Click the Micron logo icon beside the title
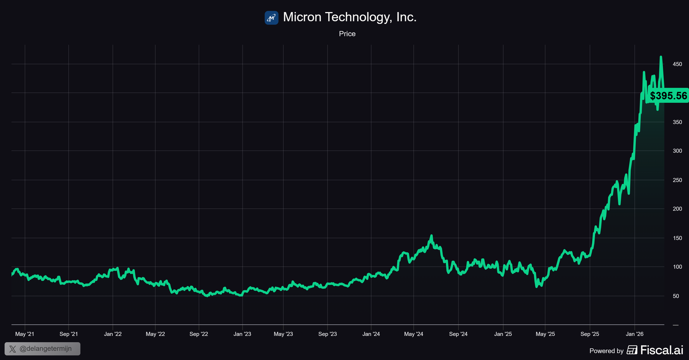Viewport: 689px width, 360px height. point(271,18)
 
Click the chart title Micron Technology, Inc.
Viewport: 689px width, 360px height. point(350,17)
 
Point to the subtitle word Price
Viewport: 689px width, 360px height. point(347,34)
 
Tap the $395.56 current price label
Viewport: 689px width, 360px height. point(668,95)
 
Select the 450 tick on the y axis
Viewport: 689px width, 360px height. point(677,64)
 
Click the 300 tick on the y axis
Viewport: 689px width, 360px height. point(677,151)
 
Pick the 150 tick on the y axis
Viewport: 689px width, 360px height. point(677,238)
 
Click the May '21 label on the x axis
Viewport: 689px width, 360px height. point(25,334)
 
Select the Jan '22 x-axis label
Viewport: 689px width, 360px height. point(113,334)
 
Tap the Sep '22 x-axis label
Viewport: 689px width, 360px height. point(199,334)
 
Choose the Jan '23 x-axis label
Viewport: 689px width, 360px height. point(242,334)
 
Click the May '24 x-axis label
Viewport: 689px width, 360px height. point(413,334)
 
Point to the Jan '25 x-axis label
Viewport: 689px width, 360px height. point(503,334)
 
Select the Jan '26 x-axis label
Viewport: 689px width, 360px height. point(635,334)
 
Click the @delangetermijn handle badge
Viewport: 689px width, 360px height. point(42,349)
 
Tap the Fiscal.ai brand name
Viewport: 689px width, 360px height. point(661,350)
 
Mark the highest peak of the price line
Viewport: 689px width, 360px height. point(660,57)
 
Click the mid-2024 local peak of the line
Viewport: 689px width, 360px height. point(431,236)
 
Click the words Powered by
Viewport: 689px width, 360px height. point(606,351)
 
